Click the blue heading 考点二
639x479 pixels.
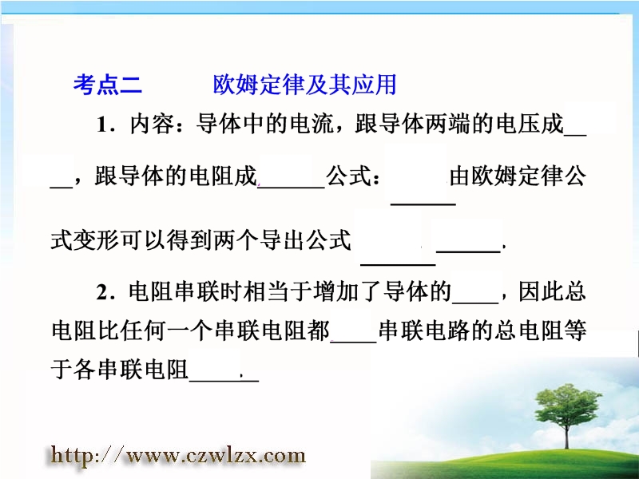(x=108, y=85)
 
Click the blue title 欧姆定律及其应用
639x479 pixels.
(x=304, y=85)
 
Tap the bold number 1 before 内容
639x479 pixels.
(x=102, y=125)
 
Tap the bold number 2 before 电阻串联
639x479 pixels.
(x=102, y=292)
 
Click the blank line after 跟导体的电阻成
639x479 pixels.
(x=292, y=188)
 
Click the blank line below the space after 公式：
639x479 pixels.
(x=423, y=204)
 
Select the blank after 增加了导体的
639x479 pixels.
(x=475, y=303)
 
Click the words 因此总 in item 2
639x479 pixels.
(x=552, y=291)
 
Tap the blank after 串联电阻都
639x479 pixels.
(x=354, y=342)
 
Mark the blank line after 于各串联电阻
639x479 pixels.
(x=224, y=381)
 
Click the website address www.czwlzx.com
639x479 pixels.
(x=216, y=455)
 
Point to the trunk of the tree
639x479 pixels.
(x=567, y=437)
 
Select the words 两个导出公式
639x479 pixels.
(x=282, y=239)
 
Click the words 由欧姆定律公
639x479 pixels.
(x=518, y=176)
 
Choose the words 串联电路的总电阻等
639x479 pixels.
(x=482, y=331)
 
